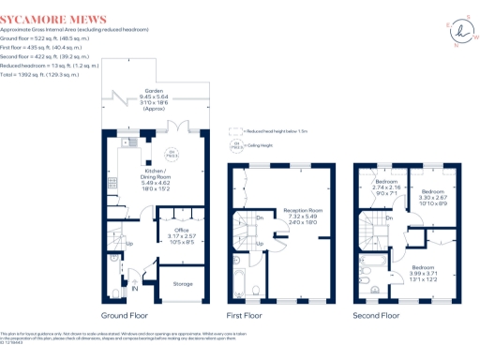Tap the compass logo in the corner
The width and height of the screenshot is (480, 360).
pos(459,26)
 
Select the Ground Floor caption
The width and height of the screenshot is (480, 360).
pos(124,316)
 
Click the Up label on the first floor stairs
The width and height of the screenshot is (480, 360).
pos(259,245)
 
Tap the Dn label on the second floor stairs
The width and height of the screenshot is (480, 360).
pos(389,219)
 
